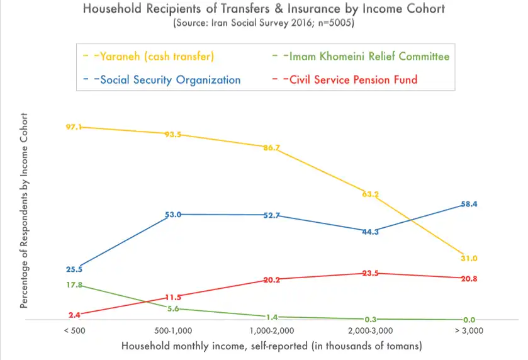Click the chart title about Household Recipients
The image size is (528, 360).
[264, 9]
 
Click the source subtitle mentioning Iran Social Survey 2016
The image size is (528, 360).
[263, 24]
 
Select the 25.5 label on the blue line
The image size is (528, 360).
[74, 269]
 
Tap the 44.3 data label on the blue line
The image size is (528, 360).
[369, 232]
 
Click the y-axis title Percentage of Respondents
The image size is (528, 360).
[25, 211]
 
